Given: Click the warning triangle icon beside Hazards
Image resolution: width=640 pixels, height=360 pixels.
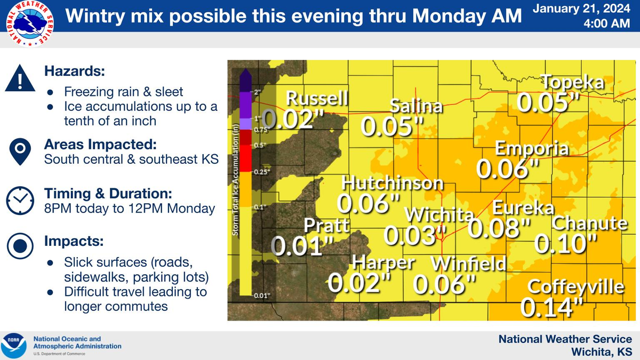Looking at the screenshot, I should click(20, 81).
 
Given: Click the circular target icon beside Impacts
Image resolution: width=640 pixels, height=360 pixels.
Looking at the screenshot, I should click(20, 246).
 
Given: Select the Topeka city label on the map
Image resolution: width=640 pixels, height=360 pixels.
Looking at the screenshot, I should click(573, 82).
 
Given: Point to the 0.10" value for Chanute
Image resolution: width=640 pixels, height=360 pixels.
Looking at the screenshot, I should click(566, 244).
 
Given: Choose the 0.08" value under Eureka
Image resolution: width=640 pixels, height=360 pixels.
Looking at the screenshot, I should click(500, 228).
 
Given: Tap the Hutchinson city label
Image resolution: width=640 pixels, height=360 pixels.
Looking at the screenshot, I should click(393, 183).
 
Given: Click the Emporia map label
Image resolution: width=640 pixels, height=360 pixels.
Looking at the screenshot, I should click(532, 148).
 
